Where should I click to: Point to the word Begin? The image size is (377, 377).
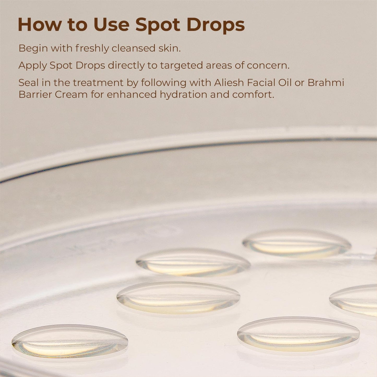33,48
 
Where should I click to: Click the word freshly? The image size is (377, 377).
92,48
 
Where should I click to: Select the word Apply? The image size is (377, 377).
33,66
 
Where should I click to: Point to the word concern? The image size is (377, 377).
268,66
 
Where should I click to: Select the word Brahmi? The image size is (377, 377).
326,83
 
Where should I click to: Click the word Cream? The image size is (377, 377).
71,94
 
